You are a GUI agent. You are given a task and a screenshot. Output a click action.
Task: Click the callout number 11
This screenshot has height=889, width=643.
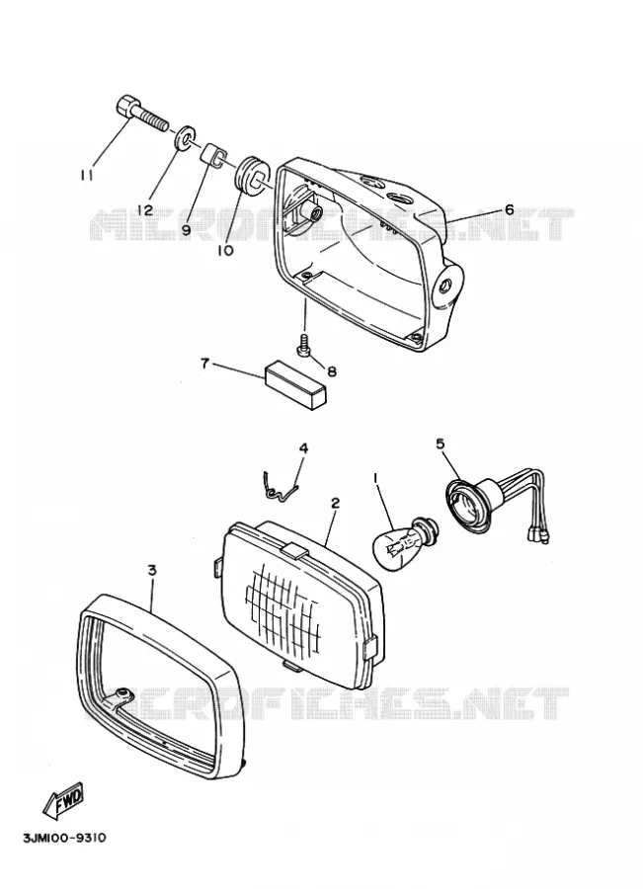pyautogui.click(x=86, y=176)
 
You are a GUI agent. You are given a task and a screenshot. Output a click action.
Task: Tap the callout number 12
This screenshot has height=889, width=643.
pyautogui.click(x=145, y=210)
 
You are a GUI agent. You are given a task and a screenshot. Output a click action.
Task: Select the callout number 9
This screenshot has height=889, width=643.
pyautogui.click(x=186, y=230)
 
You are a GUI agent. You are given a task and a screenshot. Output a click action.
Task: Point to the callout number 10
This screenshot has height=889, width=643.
pyautogui.click(x=225, y=250)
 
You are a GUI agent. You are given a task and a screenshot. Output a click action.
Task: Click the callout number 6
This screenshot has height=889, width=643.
pyautogui.click(x=510, y=209)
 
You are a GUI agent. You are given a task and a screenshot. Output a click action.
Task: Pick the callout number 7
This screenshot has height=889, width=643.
pyautogui.click(x=204, y=363)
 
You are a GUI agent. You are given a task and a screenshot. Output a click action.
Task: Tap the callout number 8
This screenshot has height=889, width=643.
pyautogui.click(x=332, y=371)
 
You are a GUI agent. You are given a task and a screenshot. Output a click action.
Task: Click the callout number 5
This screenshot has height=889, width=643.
pyautogui.click(x=441, y=444)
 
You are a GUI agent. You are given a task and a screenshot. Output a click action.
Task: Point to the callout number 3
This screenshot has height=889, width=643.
pyautogui.click(x=151, y=570)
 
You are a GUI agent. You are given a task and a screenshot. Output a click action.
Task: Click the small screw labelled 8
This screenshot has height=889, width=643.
pyautogui.click(x=305, y=346)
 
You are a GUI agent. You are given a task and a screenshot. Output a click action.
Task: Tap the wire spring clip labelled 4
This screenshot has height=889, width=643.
pyautogui.click(x=281, y=488)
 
